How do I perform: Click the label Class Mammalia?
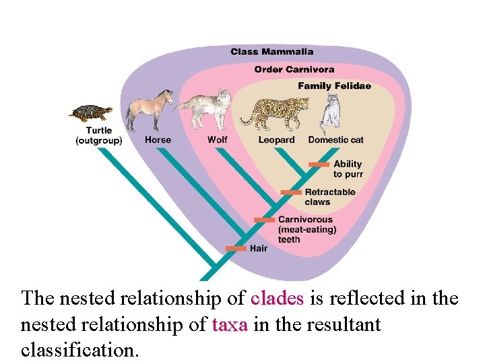click(271, 51)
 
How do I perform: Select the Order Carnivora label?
click(294, 69)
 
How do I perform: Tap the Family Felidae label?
click(334, 86)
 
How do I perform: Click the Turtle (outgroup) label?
click(98, 135)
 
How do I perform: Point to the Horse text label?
click(158, 140)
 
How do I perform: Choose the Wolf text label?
click(217, 140)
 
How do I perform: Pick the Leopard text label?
click(276, 140)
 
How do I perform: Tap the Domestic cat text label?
click(335, 140)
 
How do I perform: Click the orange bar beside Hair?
click(236, 248)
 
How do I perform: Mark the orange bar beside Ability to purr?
click(319, 164)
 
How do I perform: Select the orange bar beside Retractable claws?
click(291, 192)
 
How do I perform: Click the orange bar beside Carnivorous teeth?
click(264, 220)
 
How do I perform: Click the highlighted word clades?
click(277, 298)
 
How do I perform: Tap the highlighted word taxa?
click(230, 325)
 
